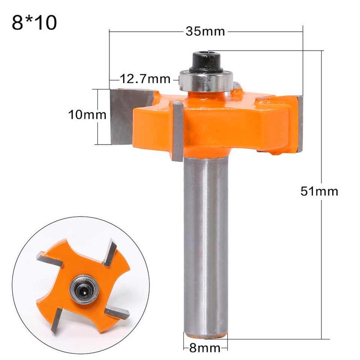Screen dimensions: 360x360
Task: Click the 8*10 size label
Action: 34,23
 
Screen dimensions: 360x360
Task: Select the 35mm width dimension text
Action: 205,31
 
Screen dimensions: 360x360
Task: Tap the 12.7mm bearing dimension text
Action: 145,79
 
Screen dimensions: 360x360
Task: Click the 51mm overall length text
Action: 319,191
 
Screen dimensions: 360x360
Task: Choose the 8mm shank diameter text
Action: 205,348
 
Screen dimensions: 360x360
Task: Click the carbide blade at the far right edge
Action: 300,124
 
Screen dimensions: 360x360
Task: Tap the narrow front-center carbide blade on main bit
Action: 177,131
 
